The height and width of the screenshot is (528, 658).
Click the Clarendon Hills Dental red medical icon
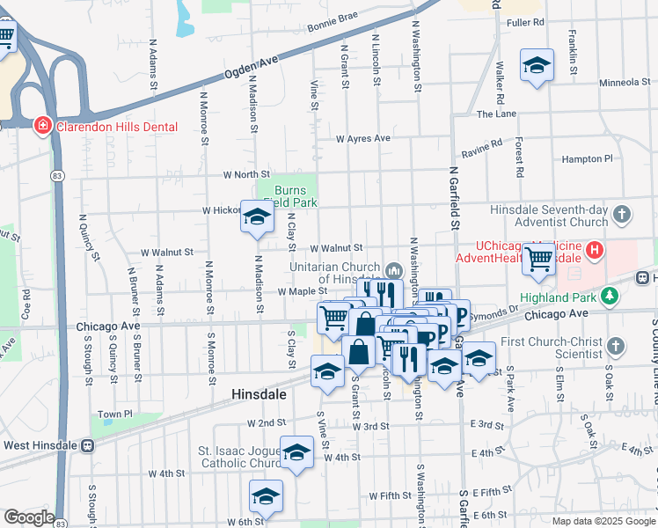(41, 127)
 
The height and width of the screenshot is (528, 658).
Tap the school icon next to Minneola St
(537, 66)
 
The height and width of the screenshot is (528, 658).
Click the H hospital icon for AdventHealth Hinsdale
(596, 252)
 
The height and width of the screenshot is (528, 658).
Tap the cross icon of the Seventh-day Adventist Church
(622, 214)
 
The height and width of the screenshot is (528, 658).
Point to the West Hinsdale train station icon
(87, 445)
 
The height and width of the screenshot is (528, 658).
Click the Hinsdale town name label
(259, 395)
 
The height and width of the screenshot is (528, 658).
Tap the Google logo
(28, 517)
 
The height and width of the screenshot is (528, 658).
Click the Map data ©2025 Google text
(603, 521)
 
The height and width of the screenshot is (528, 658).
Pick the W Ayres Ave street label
(362, 138)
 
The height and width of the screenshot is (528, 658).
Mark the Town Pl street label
(115, 414)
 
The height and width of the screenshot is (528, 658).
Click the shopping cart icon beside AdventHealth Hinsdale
(538, 260)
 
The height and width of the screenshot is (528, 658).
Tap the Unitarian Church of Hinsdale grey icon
(393, 268)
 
